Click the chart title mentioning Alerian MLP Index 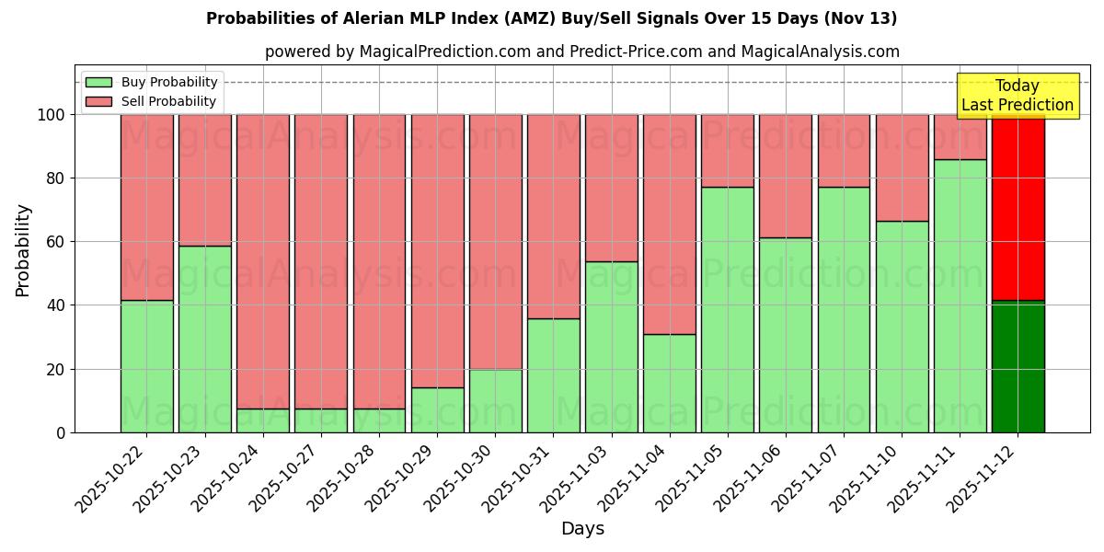[x=551, y=18]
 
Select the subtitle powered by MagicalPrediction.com [x=581, y=52]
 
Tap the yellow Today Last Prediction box [x=1017, y=96]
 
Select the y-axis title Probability [x=23, y=250]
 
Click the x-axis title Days [x=582, y=529]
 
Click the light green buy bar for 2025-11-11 [x=960, y=295]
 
